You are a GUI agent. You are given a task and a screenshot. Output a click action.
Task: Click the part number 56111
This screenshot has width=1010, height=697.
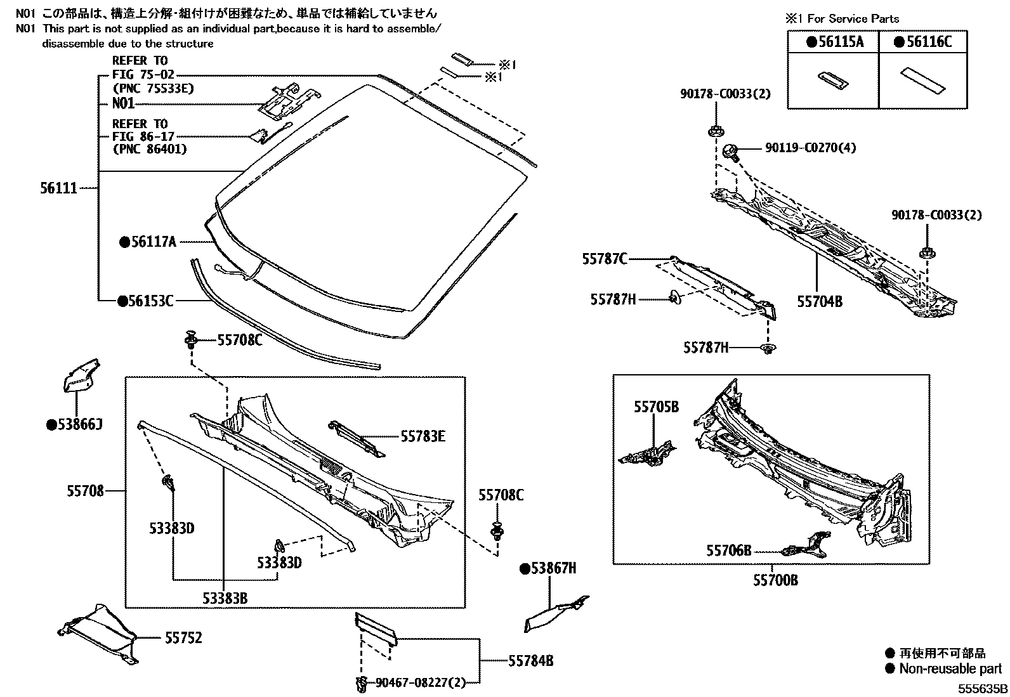tap(59, 188)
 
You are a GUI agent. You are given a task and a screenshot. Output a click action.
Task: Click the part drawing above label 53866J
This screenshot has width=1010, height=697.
tap(81, 375)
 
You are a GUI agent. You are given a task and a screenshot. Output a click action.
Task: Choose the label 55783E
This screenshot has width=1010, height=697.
tap(423, 436)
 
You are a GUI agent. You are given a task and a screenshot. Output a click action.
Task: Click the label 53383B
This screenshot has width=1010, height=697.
tap(225, 598)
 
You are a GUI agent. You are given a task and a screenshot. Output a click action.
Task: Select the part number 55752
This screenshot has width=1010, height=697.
tap(183, 637)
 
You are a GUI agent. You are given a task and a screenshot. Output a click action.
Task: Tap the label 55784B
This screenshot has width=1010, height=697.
tap(530, 661)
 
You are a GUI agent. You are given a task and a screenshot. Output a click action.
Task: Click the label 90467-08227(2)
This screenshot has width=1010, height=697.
tap(420, 682)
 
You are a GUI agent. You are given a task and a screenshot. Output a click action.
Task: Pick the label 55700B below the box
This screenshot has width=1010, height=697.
tap(775, 580)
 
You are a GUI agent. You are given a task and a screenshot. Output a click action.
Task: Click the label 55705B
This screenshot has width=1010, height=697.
tap(656, 407)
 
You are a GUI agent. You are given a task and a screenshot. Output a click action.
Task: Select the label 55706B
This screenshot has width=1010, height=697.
tap(728, 550)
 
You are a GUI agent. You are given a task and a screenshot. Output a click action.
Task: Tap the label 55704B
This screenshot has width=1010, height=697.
tap(820, 302)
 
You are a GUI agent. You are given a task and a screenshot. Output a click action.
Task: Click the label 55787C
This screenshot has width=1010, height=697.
tap(605, 259)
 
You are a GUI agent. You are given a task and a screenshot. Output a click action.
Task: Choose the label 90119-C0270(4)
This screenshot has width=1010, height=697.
tap(810, 148)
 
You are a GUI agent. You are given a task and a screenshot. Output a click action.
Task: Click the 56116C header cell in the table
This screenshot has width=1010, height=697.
tap(923, 42)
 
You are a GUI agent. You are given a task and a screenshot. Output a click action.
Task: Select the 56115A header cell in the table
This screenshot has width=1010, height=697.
tap(834, 42)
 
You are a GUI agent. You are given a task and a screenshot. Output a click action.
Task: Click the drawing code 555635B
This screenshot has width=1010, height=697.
tap(982, 688)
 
